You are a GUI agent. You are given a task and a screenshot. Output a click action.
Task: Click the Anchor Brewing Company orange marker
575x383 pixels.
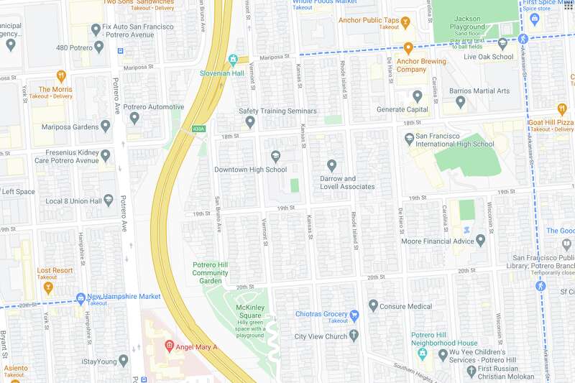pos(408,48)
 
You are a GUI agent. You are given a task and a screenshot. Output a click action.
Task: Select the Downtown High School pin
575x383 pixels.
pos(275,157)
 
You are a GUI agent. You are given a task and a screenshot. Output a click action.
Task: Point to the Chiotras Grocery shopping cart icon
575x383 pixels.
pos(354,315)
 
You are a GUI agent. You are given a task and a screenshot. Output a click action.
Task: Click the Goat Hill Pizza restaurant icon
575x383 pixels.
pos(561,109)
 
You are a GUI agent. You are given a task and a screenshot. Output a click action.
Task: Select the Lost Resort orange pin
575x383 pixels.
pos(48,289)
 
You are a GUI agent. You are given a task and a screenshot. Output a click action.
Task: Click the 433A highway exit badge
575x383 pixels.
pos(199,129)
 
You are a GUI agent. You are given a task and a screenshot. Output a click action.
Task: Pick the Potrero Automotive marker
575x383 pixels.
pos(134,118)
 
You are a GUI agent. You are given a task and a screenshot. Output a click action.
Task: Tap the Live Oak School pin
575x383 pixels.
pos(502,44)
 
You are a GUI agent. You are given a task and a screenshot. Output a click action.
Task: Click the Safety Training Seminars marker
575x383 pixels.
pos(250,122)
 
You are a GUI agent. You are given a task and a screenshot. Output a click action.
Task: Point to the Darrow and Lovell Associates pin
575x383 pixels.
pos(331,165)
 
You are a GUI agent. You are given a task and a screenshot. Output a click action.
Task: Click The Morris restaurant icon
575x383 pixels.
pos(62,75)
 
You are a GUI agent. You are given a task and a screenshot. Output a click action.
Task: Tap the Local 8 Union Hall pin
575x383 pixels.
pos(109,200)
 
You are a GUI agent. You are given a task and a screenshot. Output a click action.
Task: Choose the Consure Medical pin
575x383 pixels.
pos(373,306)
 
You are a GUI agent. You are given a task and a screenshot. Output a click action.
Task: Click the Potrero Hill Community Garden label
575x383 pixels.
pos(210,272)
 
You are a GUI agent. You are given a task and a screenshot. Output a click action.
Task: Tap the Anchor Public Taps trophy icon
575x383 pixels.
pos(405,21)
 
